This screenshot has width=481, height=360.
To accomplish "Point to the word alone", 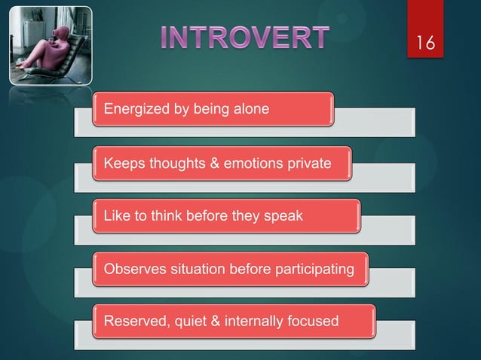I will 250,110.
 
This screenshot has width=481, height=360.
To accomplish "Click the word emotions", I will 247,163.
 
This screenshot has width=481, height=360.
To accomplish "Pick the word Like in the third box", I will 115,216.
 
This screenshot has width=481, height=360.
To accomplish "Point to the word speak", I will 283,216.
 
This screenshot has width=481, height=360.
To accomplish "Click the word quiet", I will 194,322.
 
